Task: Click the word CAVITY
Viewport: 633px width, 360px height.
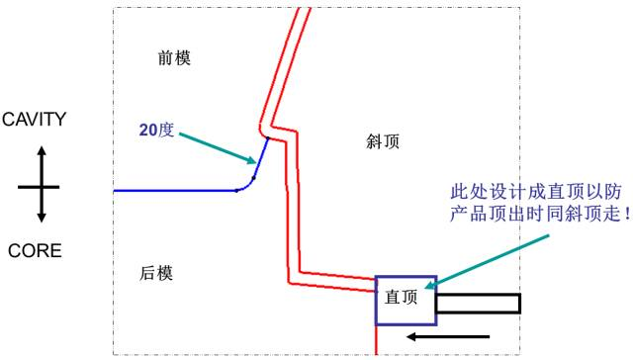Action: point(34,120)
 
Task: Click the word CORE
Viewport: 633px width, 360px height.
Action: point(35,251)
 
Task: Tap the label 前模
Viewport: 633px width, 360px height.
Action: point(174,58)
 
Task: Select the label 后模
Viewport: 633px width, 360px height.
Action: point(156,273)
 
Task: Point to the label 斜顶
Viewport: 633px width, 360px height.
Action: point(383,142)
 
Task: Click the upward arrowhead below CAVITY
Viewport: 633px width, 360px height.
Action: point(42,152)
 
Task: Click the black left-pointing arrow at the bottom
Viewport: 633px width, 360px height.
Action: point(445,337)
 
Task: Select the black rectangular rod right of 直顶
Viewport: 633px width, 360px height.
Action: point(477,304)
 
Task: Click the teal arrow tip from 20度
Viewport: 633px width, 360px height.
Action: point(253,161)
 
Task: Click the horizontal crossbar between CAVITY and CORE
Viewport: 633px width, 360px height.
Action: point(40,186)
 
